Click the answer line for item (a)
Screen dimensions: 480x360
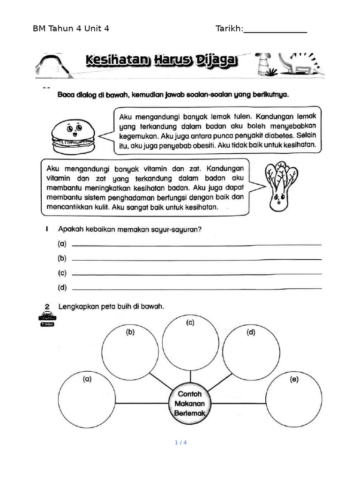196,245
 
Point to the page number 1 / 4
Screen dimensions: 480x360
180,442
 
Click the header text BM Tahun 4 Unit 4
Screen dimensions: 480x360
71,29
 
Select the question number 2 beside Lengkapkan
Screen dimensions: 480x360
47,307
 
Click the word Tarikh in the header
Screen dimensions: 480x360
229,29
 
